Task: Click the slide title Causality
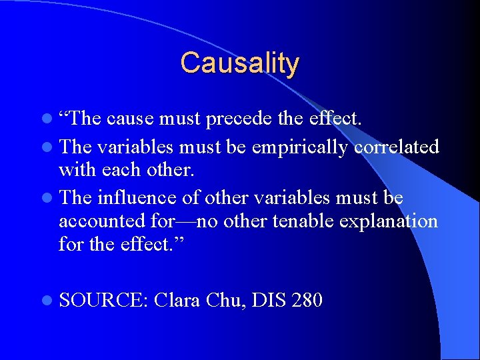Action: [239, 63]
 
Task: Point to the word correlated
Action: [397, 147]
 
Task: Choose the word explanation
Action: [390, 222]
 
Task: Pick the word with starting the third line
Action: [76, 170]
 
